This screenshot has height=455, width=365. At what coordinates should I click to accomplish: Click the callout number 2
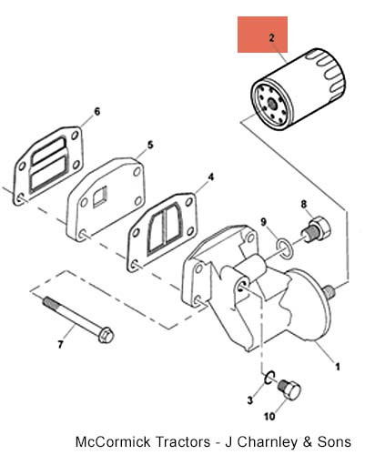[x=271, y=38]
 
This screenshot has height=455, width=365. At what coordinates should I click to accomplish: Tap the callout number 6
[x=96, y=112]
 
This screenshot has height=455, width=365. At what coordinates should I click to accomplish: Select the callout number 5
[x=150, y=145]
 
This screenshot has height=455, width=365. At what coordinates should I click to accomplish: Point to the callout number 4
[x=210, y=177]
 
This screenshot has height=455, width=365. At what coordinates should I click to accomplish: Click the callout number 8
[x=304, y=205]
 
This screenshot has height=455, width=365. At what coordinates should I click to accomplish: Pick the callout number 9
[x=263, y=222]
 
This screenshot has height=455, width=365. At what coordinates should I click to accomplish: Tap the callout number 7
[x=60, y=345]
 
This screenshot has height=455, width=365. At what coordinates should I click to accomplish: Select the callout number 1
[x=337, y=367]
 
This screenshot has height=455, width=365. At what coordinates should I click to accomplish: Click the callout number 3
[x=249, y=400]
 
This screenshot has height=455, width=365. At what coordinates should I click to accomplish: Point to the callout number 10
[x=269, y=417]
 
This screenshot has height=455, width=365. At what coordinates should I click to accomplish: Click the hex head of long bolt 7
[x=106, y=336]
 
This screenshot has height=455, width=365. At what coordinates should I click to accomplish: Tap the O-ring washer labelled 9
[x=284, y=249]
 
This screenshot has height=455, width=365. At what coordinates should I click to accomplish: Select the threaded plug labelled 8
[x=316, y=230]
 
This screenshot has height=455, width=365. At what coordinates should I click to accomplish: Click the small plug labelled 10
[x=289, y=389]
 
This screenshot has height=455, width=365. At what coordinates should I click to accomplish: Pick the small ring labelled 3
[x=269, y=378]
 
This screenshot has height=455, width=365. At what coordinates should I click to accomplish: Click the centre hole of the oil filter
[x=272, y=105]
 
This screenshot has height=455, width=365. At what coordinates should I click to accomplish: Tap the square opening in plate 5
[x=100, y=197]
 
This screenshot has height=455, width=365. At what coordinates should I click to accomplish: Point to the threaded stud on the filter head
[x=329, y=291]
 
